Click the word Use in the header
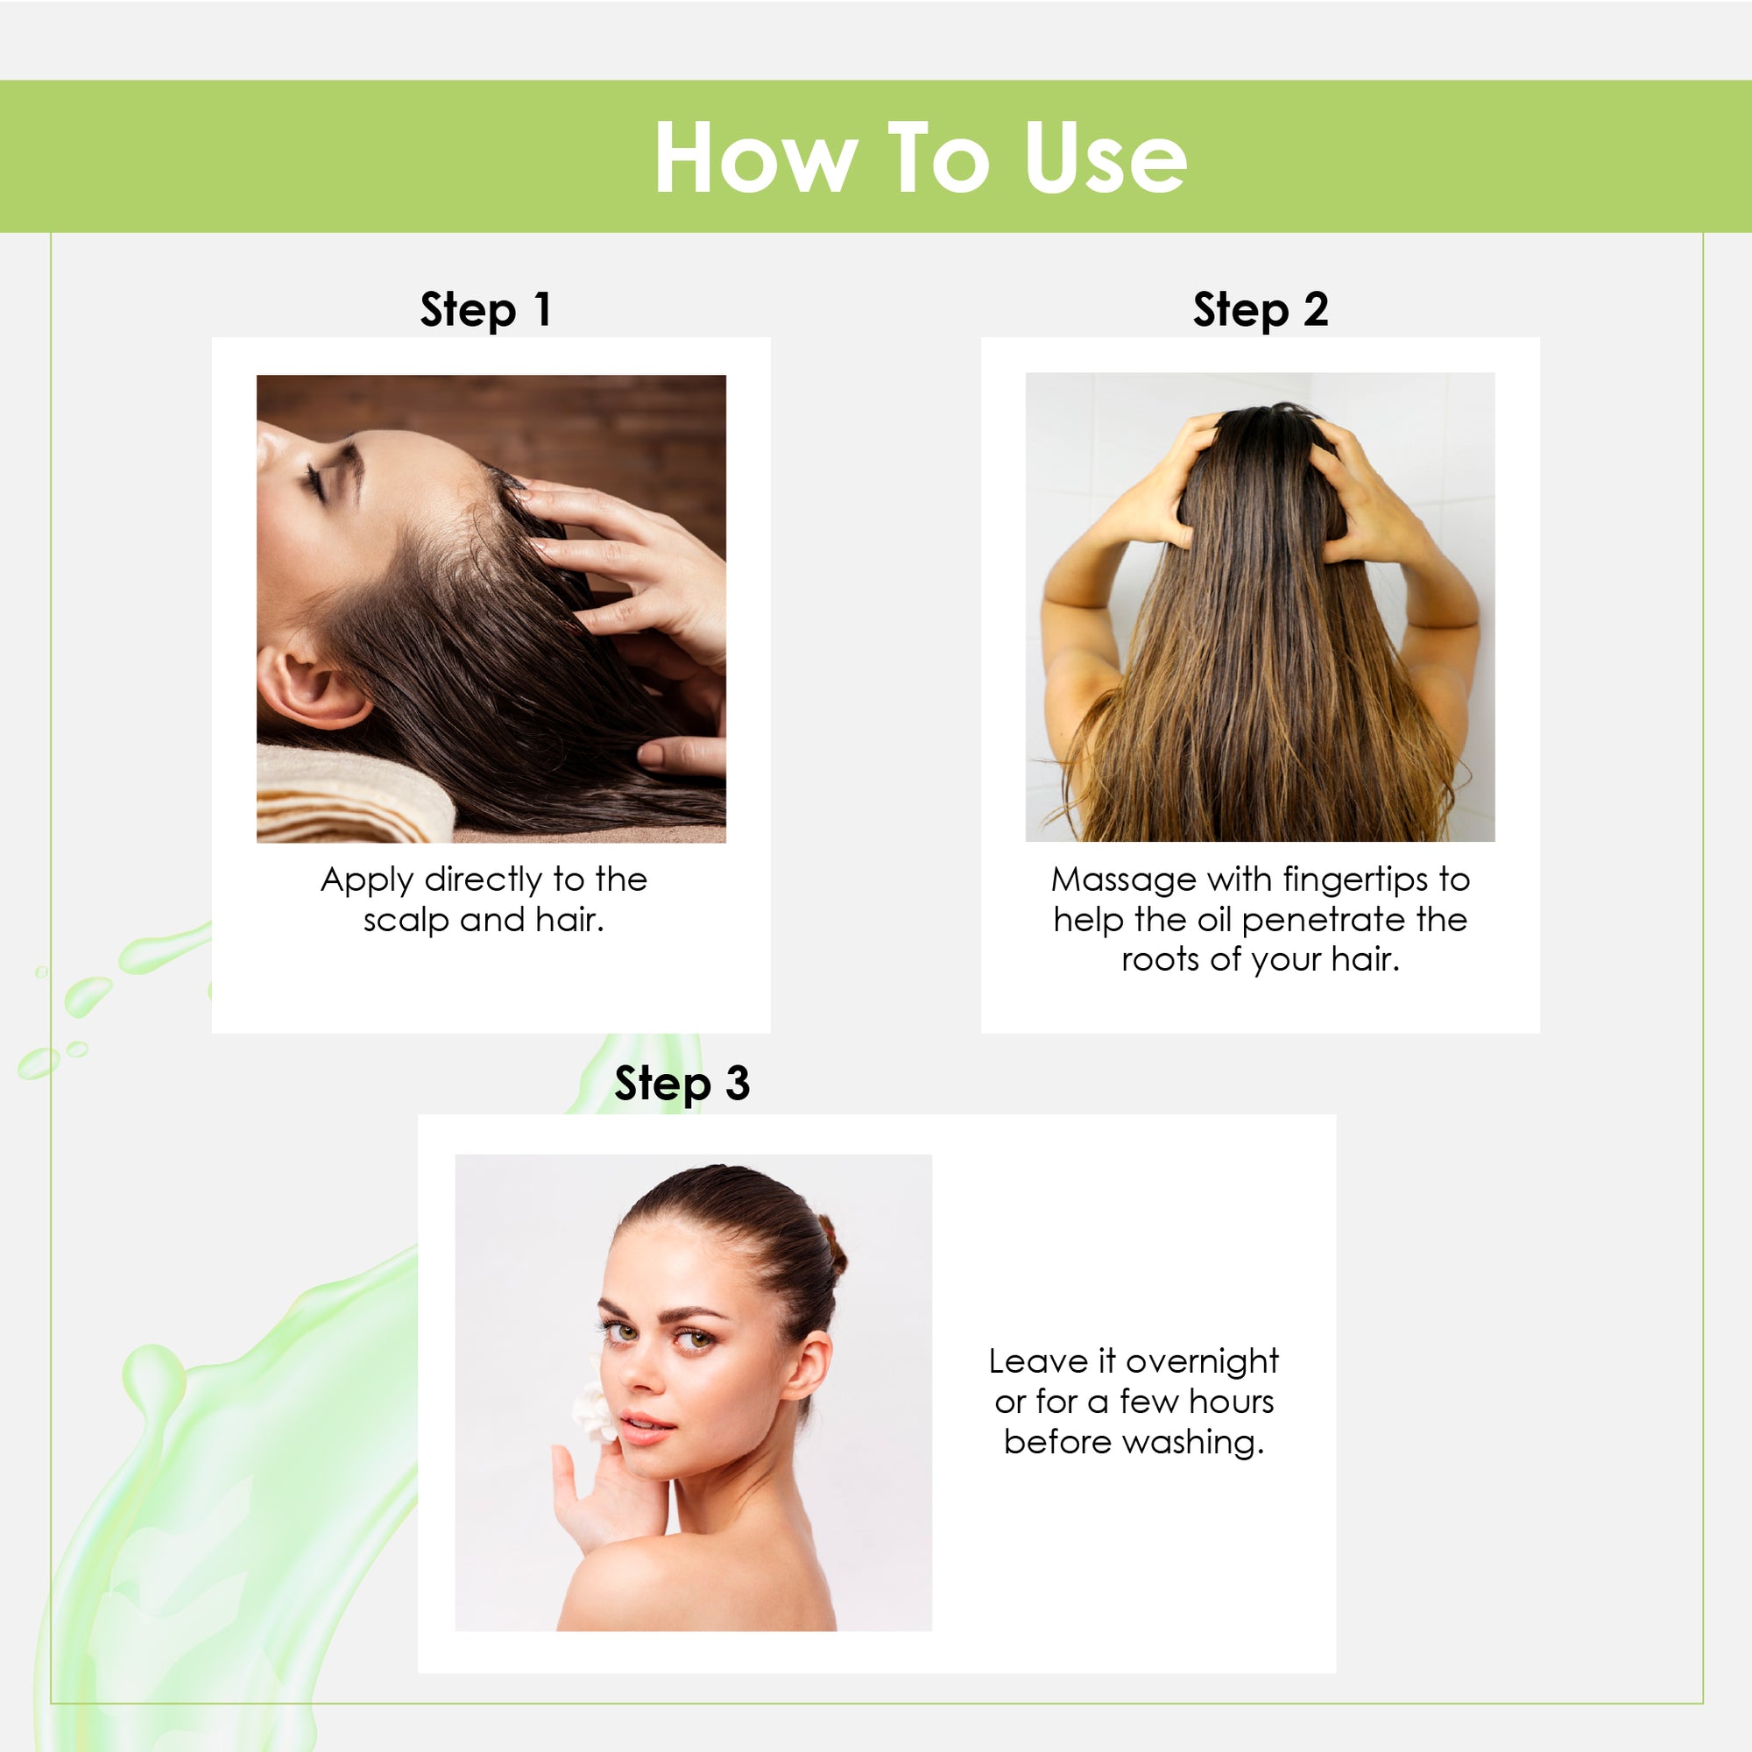click(x=1106, y=158)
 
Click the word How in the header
click(x=755, y=158)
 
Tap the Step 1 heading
click(x=486, y=310)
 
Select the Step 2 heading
click(x=1261, y=310)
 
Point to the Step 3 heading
click(x=682, y=1084)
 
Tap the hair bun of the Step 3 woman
click(x=832, y=1246)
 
